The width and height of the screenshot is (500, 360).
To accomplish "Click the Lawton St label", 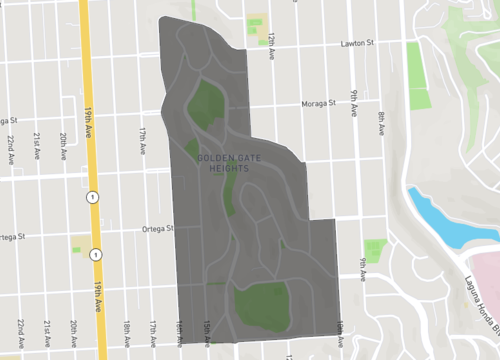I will (x=355, y=43).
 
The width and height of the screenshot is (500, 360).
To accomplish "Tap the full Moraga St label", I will (x=321, y=103).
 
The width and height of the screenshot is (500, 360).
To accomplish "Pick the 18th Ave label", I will (x=128, y=331).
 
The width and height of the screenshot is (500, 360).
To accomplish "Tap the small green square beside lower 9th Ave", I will (x=375, y=250).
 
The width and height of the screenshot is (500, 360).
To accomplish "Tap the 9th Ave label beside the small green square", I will (x=362, y=267).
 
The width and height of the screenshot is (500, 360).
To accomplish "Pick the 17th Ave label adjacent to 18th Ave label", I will (x=153, y=331).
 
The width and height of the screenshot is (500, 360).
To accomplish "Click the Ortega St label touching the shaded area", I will (x=156, y=228).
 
